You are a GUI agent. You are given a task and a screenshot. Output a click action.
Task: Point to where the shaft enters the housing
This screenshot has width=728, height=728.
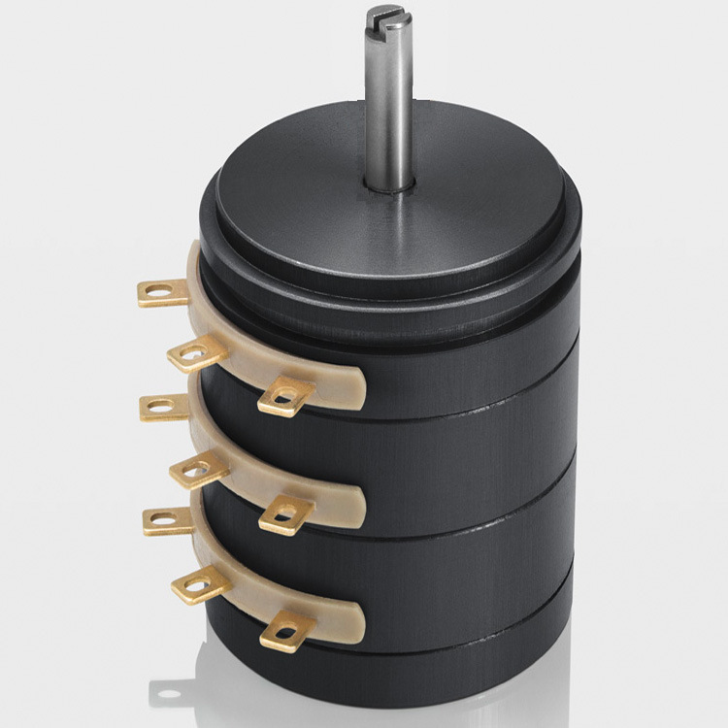[x=390, y=183]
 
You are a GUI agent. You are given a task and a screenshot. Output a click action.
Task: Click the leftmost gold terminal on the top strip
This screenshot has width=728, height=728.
[x=162, y=291]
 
